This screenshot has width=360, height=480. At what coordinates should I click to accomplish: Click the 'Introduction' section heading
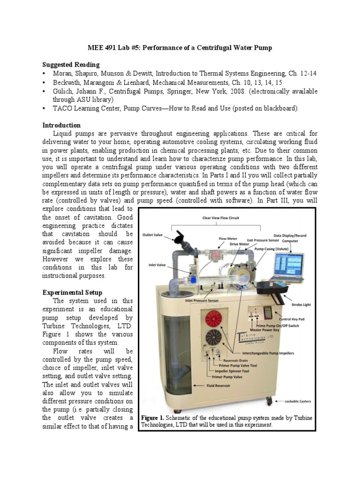[x=61, y=125]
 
